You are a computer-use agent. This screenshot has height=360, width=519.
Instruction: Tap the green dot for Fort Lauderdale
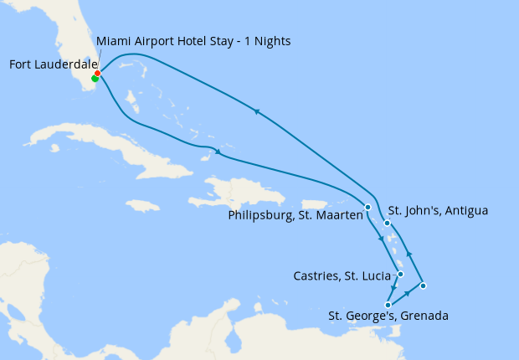[95, 79]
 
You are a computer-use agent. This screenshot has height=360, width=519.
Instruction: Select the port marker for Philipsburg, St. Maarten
[367, 207]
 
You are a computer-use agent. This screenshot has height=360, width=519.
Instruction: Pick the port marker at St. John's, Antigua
[387, 223]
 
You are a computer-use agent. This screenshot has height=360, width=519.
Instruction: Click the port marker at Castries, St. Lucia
[401, 274]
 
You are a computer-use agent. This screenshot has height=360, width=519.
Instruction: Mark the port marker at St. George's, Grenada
[388, 305]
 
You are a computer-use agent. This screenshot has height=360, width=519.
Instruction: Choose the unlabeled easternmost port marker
[423, 286]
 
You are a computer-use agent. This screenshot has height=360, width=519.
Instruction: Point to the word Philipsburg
[260, 215]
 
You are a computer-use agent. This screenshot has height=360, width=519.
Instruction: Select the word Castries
[317, 275]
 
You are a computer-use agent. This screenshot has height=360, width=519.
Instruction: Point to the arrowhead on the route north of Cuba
[218, 152]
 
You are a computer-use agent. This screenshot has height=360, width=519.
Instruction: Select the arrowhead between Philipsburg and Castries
[382, 240]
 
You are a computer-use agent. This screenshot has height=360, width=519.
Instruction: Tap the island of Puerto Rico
[313, 204]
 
